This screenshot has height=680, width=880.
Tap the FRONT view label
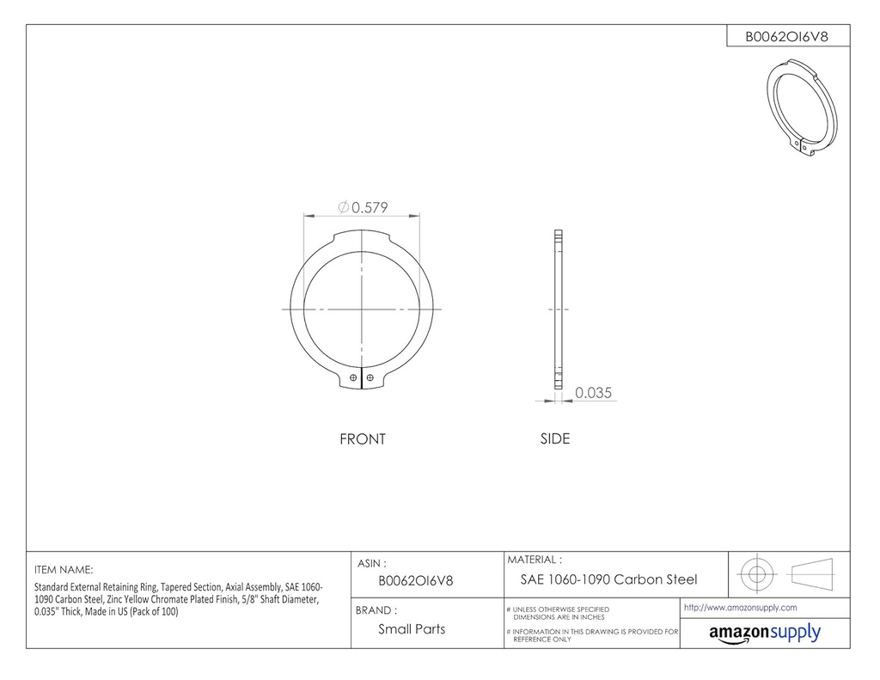click(x=363, y=439)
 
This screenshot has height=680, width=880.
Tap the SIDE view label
click(x=554, y=438)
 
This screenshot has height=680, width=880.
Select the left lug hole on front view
click(x=355, y=376)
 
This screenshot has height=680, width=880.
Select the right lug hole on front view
click(x=370, y=376)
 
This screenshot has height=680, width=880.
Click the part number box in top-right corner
click(x=786, y=36)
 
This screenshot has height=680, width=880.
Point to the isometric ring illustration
click(x=800, y=110)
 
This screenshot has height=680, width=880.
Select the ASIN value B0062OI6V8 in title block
click(x=416, y=580)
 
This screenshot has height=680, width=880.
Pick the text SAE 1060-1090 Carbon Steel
click(x=608, y=579)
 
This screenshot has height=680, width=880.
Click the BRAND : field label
click(x=376, y=610)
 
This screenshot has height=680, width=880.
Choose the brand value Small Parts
click(x=412, y=629)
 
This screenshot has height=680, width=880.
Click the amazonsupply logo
click(x=764, y=634)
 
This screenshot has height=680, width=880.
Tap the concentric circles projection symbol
click(x=756, y=573)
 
